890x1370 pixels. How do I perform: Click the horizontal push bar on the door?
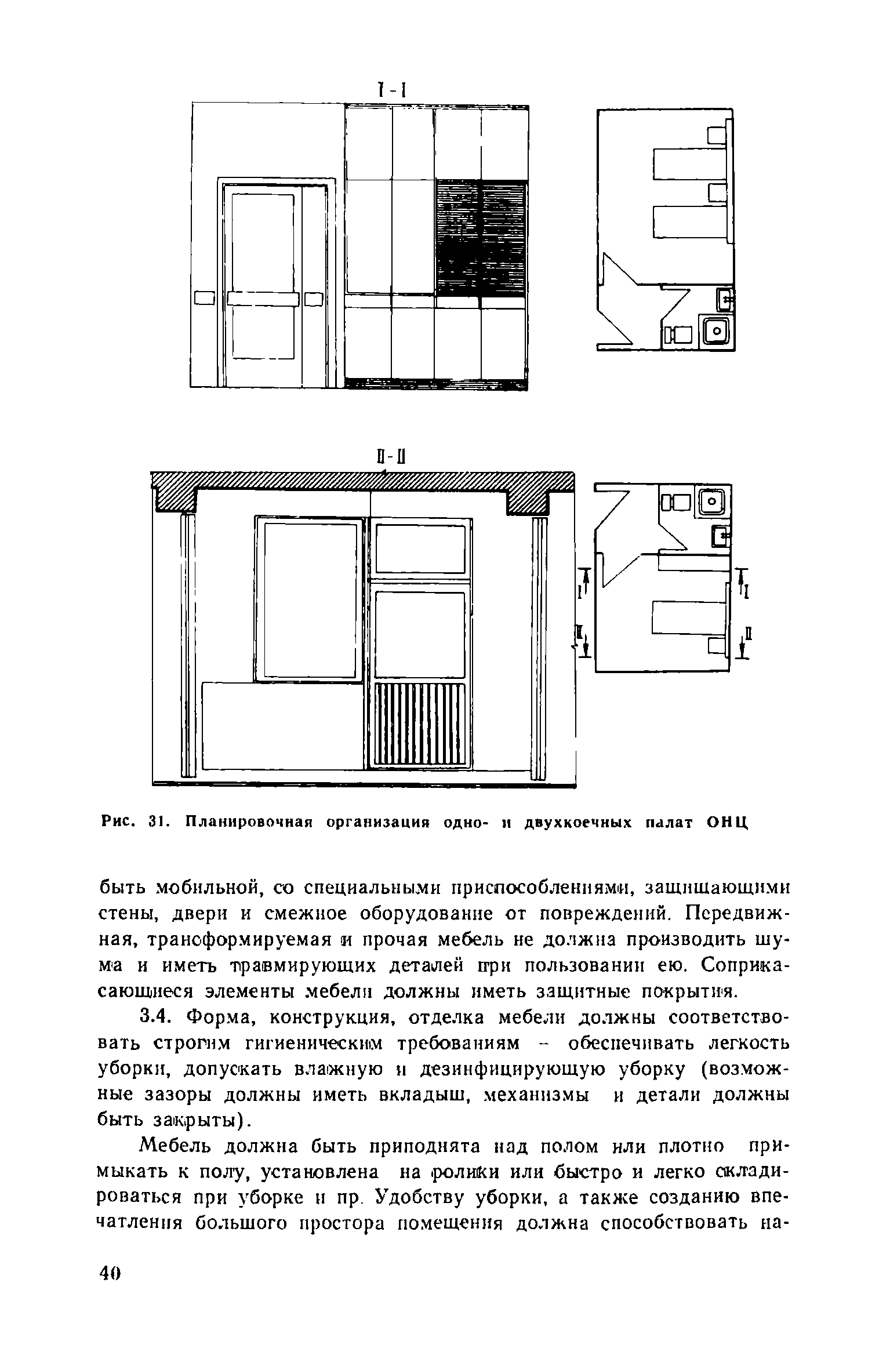(262, 299)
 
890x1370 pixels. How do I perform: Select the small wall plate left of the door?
(204, 299)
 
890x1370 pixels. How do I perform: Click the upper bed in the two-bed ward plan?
(689, 164)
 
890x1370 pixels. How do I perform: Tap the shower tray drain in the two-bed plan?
(717, 330)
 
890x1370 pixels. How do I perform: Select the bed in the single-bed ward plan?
(688, 617)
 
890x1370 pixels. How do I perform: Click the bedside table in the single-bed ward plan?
(718, 646)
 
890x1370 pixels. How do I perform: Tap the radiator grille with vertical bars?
(420, 724)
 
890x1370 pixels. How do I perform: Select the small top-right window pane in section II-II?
(420, 548)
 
